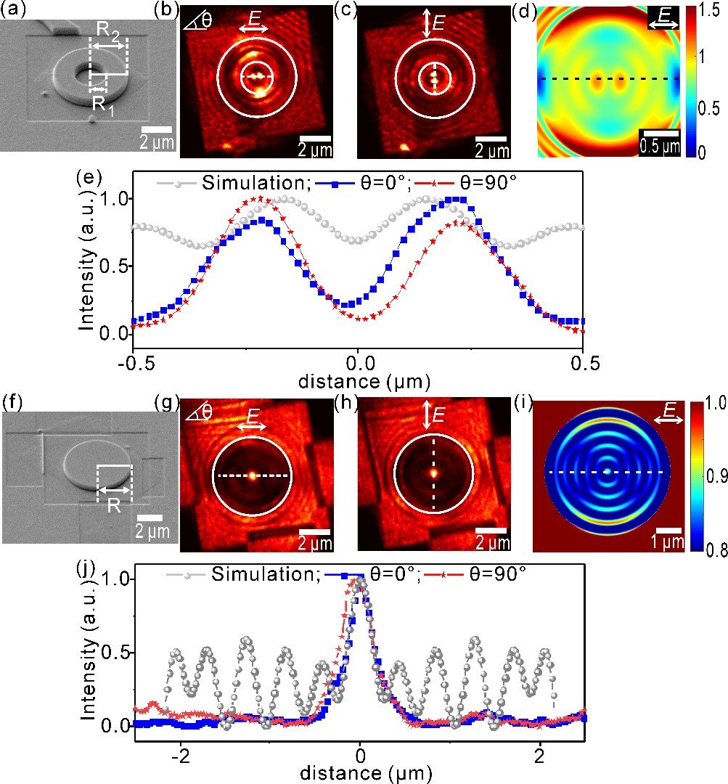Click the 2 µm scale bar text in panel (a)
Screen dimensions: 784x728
[x=158, y=142]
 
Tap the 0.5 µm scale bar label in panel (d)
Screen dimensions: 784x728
[x=659, y=144]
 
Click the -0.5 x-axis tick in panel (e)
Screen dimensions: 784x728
[x=133, y=359]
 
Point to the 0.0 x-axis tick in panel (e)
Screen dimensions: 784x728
[x=358, y=359]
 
